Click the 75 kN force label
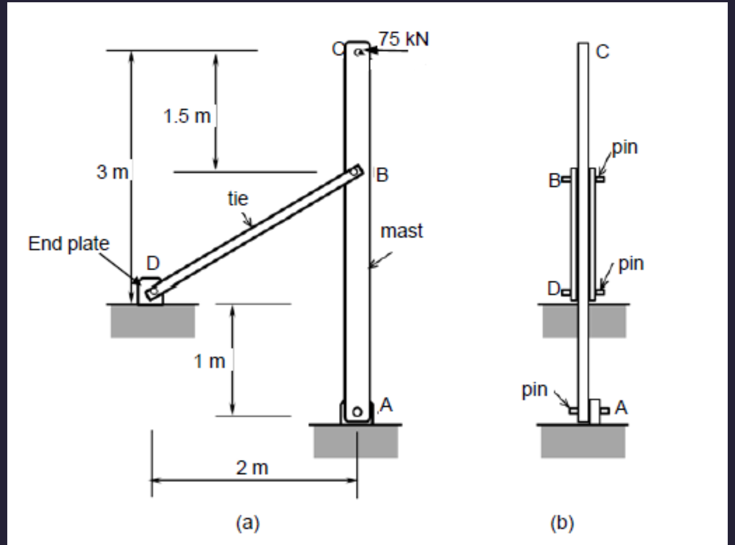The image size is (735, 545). pyautogui.click(x=403, y=39)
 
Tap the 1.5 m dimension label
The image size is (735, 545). pyautogui.click(x=187, y=116)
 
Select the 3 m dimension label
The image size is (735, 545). pyautogui.click(x=112, y=172)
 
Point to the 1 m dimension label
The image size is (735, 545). pyautogui.click(x=209, y=361)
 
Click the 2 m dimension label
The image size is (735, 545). pyautogui.click(x=252, y=467)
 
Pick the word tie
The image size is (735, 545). pyautogui.click(x=238, y=199)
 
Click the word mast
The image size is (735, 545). pyautogui.click(x=402, y=231)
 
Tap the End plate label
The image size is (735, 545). pyautogui.click(x=69, y=243)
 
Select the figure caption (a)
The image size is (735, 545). pyautogui.click(x=248, y=523)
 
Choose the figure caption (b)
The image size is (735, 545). pyautogui.click(x=562, y=523)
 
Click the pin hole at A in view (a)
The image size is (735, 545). pyautogui.click(x=357, y=412)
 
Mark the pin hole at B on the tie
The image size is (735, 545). pyautogui.click(x=355, y=172)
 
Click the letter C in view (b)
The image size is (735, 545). pyautogui.click(x=602, y=52)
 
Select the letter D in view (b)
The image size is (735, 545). pyautogui.click(x=554, y=288)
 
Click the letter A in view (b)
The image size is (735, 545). pyautogui.click(x=621, y=408)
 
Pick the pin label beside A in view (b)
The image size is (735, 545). pyautogui.click(x=534, y=389)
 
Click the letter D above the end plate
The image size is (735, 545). pyautogui.click(x=153, y=263)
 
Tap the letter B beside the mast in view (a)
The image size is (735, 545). pyautogui.click(x=382, y=175)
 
